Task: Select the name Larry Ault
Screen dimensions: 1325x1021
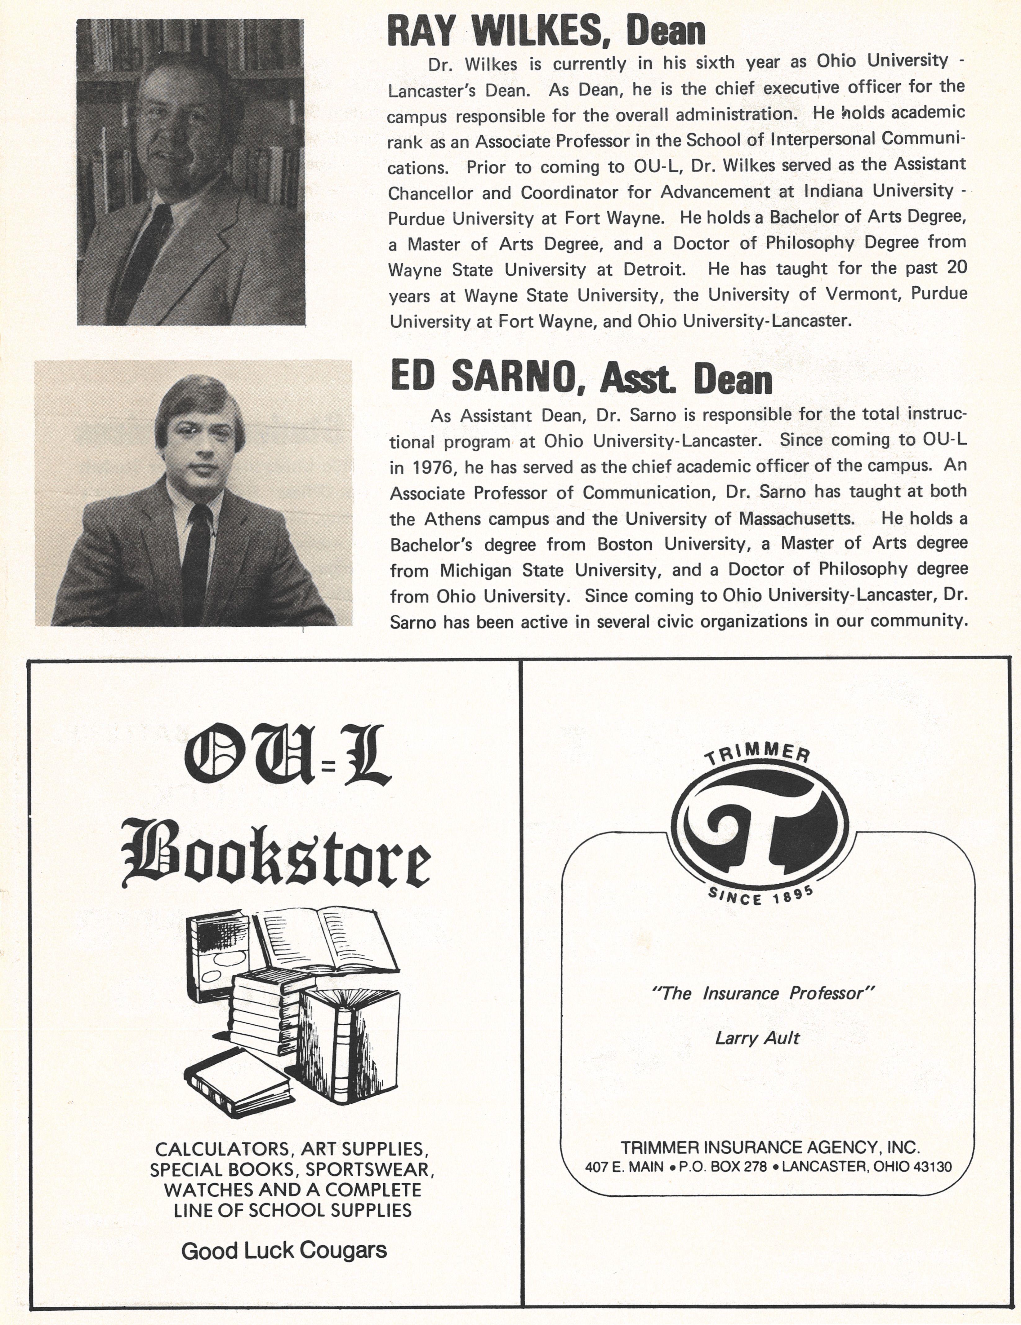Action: (757, 1038)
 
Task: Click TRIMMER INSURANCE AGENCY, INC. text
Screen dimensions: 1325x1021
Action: (770, 1147)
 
